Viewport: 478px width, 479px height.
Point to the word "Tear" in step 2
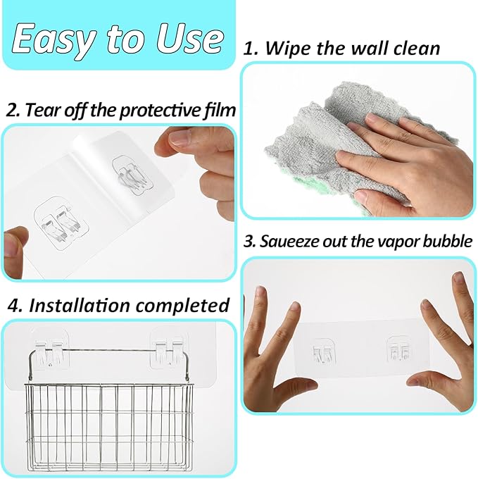(x=42, y=110)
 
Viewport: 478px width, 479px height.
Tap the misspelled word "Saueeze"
(x=291, y=241)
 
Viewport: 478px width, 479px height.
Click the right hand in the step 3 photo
(x=451, y=345)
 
